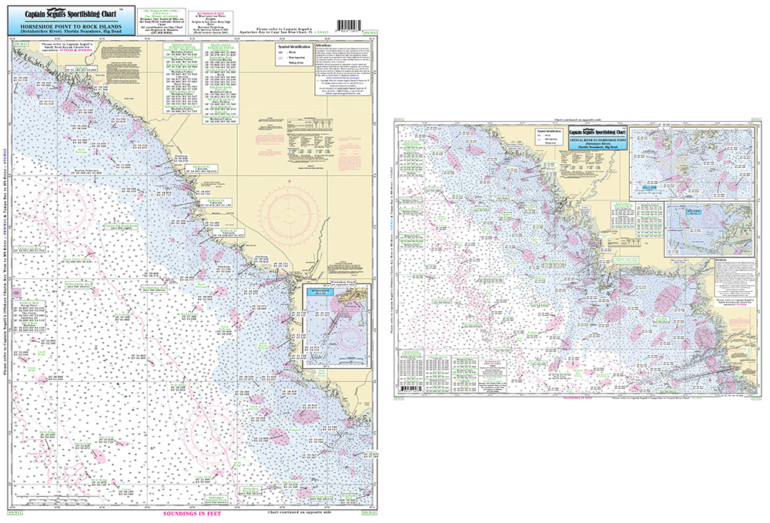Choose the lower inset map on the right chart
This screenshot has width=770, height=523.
(x=697, y=229)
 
